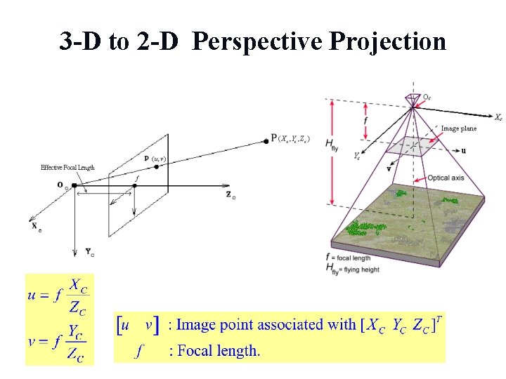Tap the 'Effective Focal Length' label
coord(67,168)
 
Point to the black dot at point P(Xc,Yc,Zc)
coord(266,140)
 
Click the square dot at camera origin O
coord(74,185)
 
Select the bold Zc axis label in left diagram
coord(231,194)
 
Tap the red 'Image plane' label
coord(458,128)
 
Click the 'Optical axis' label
coord(448,178)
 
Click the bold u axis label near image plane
coord(463,151)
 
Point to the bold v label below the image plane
coord(389,169)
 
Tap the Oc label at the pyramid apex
coord(427,97)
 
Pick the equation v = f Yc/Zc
coord(58,343)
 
